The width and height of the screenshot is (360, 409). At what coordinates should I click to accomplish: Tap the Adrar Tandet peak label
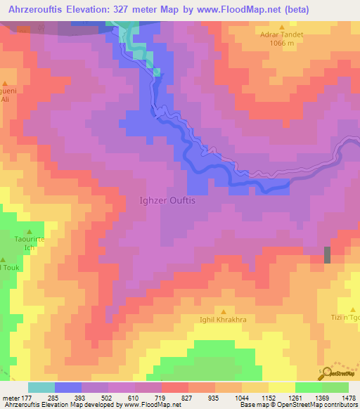(281, 33)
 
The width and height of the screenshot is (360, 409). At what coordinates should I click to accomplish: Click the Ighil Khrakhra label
(224, 320)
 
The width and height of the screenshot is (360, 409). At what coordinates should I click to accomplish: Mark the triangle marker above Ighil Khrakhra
(224, 311)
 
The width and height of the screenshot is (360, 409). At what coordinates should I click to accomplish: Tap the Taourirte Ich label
(30, 243)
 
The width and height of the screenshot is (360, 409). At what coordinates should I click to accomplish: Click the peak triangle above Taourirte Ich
(30, 231)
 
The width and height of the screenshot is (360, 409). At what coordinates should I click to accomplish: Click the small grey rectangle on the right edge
(326, 255)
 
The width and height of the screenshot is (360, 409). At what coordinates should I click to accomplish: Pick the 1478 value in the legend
(348, 398)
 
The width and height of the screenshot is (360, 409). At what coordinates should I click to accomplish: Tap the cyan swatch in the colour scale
(41, 387)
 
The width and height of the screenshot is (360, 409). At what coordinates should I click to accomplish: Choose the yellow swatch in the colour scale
(281, 387)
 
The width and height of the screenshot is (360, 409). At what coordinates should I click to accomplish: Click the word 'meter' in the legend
(11, 398)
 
